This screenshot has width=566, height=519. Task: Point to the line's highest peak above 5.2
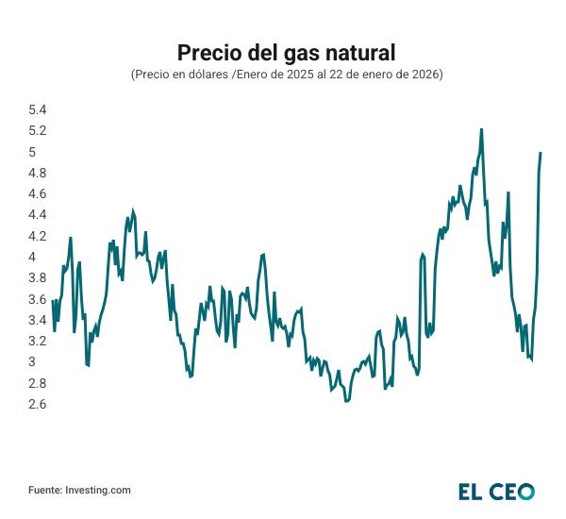click(x=481, y=129)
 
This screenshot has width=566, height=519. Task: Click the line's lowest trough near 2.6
click(x=347, y=401)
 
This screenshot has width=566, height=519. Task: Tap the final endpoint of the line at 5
click(x=541, y=152)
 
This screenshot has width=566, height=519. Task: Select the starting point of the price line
click(x=53, y=301)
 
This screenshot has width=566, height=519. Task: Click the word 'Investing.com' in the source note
click(x=98, y=490)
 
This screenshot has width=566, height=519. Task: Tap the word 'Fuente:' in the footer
click(x=45, y=490)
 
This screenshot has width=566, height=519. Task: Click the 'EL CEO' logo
click(x=497, y=491)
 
